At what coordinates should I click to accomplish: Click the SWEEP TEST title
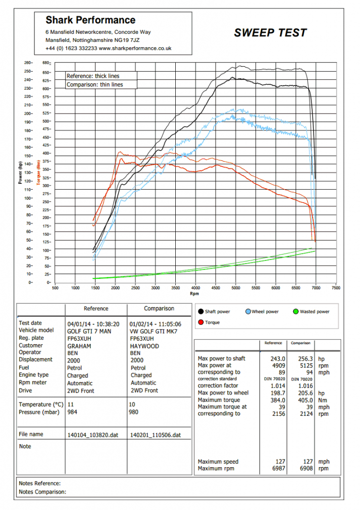point(270,32)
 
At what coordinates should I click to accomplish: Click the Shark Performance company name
point(91,20)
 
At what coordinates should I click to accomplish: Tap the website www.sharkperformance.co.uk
point(135,48)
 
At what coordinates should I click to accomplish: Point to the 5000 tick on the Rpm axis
point(236,288)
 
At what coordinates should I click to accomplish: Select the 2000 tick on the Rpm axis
point(116,288)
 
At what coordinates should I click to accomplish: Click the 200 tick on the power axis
point(28,114)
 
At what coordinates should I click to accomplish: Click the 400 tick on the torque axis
point(46,153)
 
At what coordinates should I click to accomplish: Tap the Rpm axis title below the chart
point(195,294)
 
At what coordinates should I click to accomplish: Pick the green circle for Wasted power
point(296,312)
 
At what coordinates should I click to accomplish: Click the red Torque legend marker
point(201,322)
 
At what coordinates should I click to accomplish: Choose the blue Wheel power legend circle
point(248,312)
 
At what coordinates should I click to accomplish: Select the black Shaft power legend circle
point(201,312)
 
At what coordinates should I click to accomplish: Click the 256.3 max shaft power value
point(305,359)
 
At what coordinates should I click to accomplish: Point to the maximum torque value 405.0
point(305,400)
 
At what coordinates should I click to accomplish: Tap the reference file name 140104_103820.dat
point(93,435)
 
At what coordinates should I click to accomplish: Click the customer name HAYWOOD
point(144,346)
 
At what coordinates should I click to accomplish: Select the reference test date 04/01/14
point(79,324)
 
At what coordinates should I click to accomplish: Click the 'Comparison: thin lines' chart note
point(95,85)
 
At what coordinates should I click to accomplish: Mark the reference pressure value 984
point(72,412)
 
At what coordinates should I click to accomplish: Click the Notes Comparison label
point(42,492)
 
